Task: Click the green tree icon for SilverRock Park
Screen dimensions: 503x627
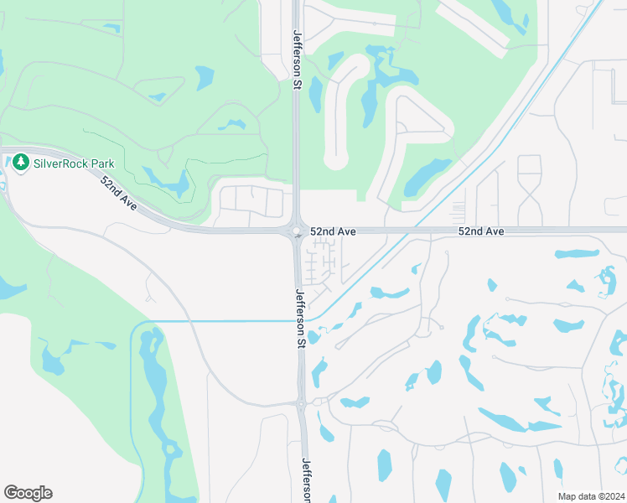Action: pos(20,163)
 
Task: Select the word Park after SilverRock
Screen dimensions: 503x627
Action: pos(104,163)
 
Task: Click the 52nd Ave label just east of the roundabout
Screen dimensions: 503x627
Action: pos(334,231)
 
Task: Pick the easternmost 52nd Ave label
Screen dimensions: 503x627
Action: pos(481,231)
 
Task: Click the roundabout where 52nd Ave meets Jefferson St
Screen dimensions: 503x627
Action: pos(297,231)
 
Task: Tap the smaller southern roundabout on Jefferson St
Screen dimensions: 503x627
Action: pos(301,404)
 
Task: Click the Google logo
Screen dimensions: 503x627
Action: pos(28,493)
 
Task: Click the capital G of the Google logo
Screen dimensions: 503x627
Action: pos(10,493)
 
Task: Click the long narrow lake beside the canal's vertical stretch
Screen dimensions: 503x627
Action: pos(158,386)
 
